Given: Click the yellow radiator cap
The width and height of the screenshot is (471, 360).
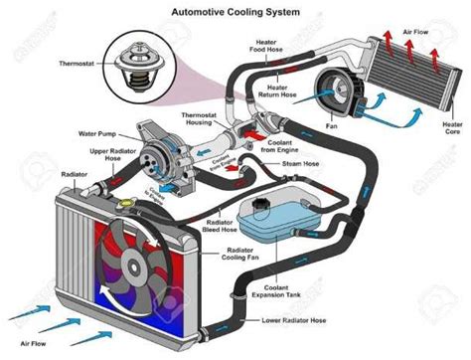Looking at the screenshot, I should coord(127,202).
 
